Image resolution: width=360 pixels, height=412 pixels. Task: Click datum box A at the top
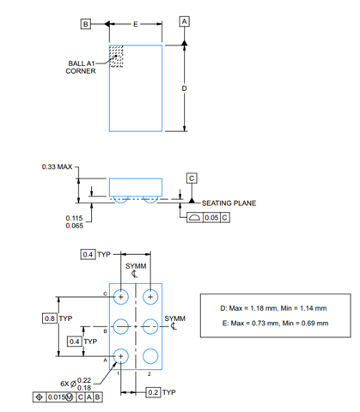tap(184, 21)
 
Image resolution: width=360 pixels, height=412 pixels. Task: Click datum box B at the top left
tap(85, 24)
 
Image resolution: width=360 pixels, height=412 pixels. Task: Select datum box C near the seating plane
tap(192, 179)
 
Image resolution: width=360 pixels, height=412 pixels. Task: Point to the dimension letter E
tap(136, 24)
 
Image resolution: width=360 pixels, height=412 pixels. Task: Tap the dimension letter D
tap(184, 88)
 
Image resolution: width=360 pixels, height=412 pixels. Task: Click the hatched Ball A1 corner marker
tap(116, 57)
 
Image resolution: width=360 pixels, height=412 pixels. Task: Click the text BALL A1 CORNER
tap(81, 67)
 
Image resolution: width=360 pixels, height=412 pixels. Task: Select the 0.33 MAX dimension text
tap(57, 167)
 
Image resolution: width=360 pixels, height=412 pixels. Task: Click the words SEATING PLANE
tap(229, 203)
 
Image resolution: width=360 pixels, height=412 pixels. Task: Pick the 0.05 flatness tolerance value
tap(211, 218)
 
